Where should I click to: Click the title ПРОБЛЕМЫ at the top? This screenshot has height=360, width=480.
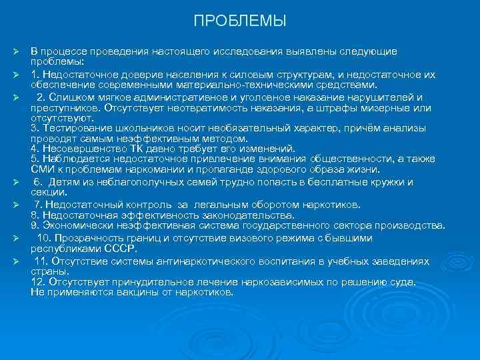240,21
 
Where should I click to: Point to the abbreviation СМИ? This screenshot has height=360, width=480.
42,169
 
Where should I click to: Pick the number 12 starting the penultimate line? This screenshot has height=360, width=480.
37,281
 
